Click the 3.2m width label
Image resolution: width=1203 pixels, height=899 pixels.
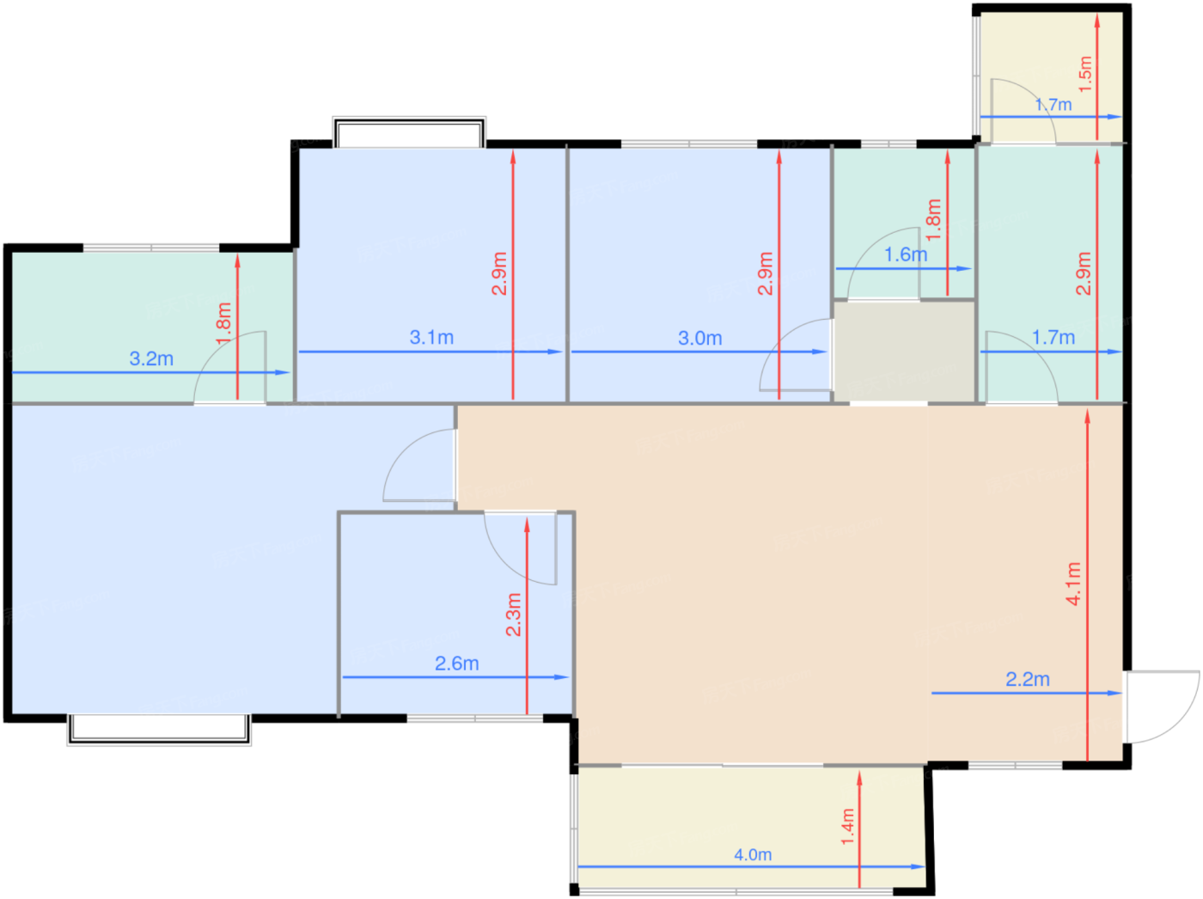[151, 358]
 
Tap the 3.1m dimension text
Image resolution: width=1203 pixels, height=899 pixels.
[431, 337]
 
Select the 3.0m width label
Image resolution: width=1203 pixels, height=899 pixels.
[699, 338]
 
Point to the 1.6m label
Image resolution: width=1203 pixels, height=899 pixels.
[906, 254]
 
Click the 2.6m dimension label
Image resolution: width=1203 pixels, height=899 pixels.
[456, 664]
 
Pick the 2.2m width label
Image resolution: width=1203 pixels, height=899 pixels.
[1028, 679]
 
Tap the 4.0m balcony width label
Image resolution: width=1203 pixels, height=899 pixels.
[753, 854]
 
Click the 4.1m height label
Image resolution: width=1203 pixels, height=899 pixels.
[1073, 584]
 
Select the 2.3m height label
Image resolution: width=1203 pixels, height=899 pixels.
[513, 615]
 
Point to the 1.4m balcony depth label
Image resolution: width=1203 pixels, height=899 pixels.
[847, 827]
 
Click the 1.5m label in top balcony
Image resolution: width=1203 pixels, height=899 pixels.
[1084, 75]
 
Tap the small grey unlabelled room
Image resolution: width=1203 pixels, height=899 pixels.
[904, 351]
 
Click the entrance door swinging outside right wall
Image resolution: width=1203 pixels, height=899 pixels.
[1163, 706]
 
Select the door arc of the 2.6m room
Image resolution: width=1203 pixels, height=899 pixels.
[505, 562]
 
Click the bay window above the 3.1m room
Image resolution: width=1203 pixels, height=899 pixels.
[409, 132]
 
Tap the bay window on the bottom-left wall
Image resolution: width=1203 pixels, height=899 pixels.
[159, 729]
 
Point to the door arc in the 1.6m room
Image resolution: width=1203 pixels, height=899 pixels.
[872, 243]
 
